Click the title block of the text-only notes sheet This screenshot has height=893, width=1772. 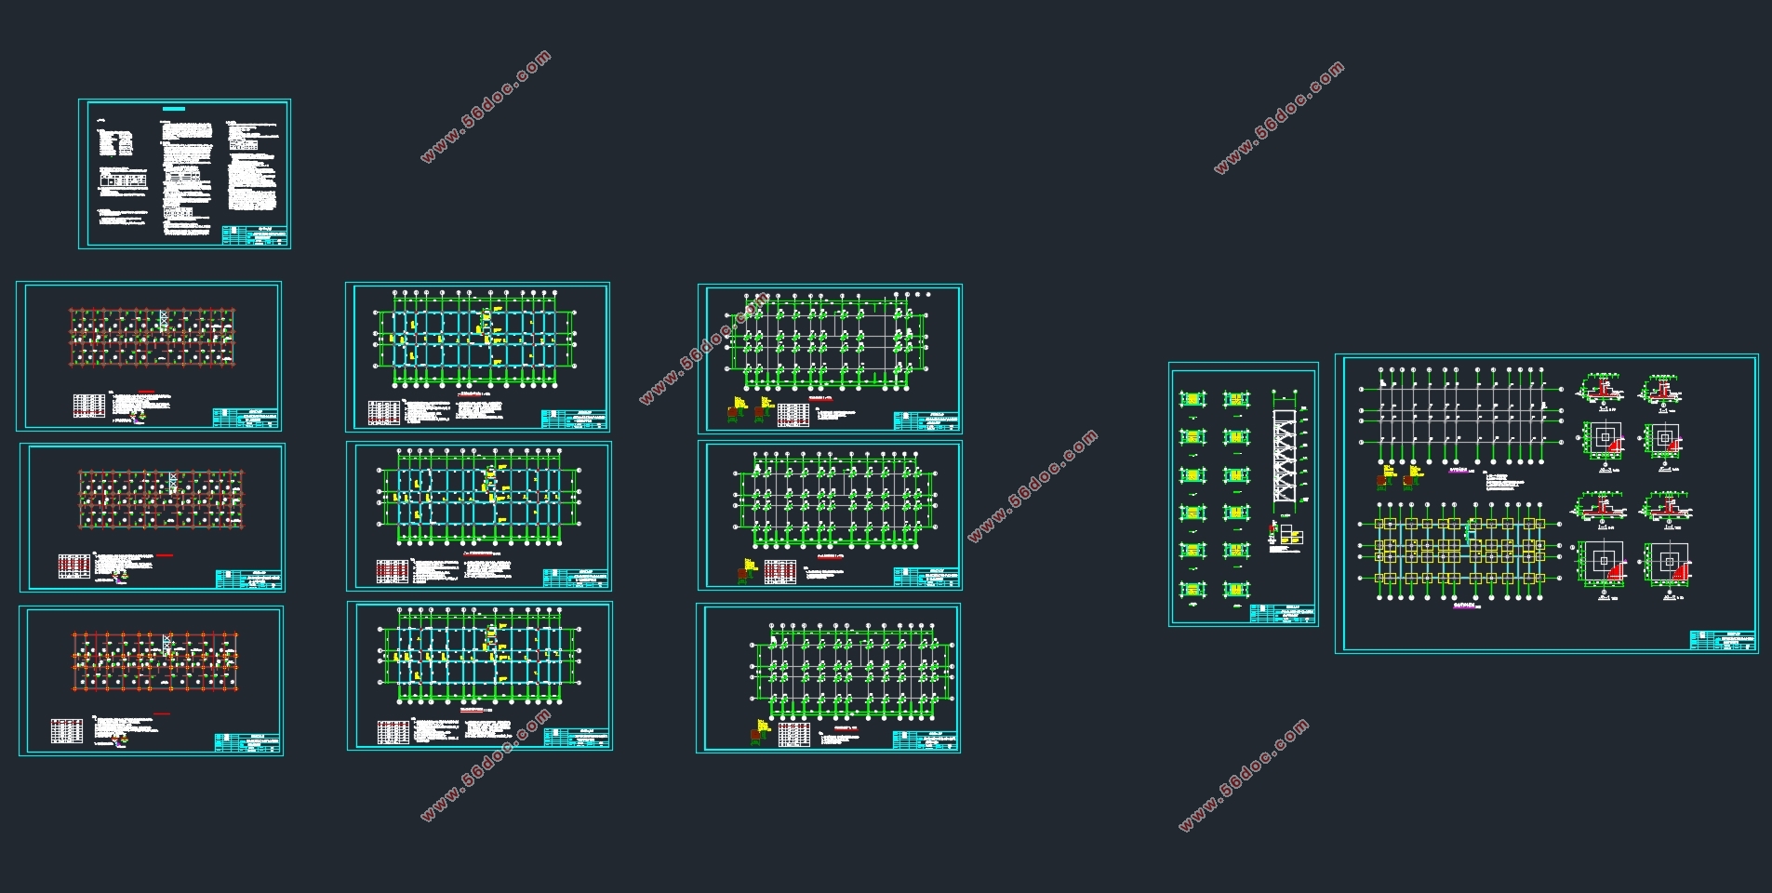click(255, 235)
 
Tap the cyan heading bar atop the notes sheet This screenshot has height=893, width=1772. click(174, 109)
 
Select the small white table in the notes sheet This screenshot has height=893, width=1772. click(124, 179)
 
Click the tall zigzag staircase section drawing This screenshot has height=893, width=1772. click(1284, 456)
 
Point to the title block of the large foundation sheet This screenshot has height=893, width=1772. click(1721, 640)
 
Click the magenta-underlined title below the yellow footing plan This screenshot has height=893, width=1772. click(1464, 605)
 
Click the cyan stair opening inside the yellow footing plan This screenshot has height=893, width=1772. click(1469, 532)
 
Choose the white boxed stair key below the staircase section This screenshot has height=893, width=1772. click(1291, 536)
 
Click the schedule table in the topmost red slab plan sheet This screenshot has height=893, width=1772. click(89, 406)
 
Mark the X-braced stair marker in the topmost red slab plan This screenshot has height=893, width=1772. click(165, 319)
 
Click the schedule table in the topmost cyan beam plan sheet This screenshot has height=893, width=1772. click(383, 411)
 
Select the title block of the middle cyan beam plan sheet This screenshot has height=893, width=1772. click(576, 579)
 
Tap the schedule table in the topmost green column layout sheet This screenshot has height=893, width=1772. click(793, 414)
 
